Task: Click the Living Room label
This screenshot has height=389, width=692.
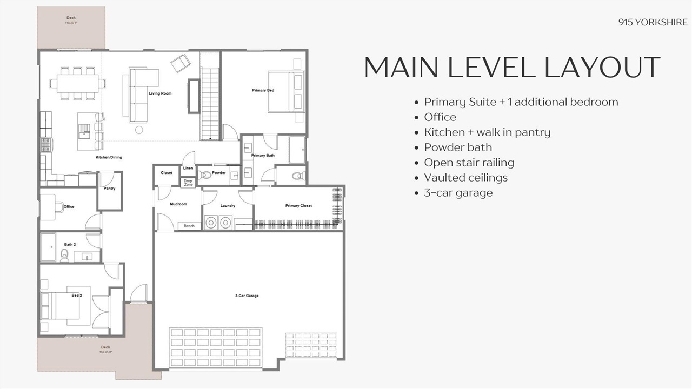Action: (x=160, y=93)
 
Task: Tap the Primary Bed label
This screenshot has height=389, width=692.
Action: (x=263, y=90)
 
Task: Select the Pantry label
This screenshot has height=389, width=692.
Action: (x=110, y=189)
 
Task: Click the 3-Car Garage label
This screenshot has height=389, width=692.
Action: (x=247, y=296)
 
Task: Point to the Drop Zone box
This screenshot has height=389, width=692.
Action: (x=188, y=183)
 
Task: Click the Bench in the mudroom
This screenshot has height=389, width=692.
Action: (x=189, y=225)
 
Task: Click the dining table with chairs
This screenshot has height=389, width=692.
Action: (x=78, y=83)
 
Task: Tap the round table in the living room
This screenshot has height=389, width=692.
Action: (x=139, y=130)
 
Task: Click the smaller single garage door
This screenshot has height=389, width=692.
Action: (x=311, y=348)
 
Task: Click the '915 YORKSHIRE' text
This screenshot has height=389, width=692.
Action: (x=653, y=22)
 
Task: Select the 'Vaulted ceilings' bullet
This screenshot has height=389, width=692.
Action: (x=465, y=177)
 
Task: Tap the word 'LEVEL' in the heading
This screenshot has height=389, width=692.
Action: (x=488, y=68)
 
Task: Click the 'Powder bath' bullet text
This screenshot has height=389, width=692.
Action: (x=458, y=147)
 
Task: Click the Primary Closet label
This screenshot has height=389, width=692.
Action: (x=298, y=206)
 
